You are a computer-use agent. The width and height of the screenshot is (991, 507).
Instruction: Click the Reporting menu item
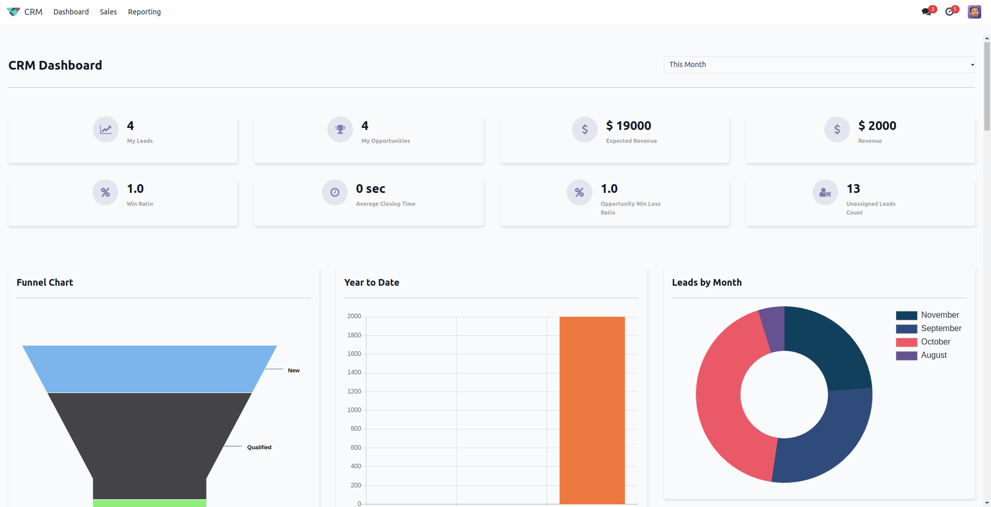[144, 12]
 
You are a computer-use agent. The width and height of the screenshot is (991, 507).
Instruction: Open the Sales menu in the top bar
[108, 12]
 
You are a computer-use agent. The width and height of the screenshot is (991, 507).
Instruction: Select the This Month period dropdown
[819, 64]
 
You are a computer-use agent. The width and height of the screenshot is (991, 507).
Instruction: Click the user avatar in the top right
[974, 12]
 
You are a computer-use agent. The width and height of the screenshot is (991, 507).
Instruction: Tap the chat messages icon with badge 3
[927, 12]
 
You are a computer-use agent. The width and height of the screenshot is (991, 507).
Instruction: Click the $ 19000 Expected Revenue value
[628, 126]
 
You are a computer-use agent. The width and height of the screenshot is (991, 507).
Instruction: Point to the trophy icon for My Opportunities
[340, 129]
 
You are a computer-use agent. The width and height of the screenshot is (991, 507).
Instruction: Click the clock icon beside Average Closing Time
[335, 192]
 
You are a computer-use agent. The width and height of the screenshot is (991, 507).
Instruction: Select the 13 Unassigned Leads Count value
[853, 189]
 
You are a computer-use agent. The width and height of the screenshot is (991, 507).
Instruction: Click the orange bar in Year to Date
[592, 410]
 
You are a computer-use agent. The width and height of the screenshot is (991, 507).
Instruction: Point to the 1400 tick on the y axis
[354, 372]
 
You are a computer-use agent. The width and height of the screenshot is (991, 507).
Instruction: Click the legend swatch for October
[906, 342]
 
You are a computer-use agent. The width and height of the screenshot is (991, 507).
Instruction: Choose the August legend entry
[934, 355]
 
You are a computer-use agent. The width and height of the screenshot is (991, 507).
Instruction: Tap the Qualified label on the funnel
[259, 447]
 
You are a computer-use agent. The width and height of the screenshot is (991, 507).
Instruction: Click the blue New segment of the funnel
[150, 369]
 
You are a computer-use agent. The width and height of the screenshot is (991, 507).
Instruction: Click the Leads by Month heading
[707, 283]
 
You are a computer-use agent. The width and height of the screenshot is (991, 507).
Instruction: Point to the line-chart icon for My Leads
[106, 129]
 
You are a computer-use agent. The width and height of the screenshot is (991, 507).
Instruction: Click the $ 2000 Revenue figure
[877, 126]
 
